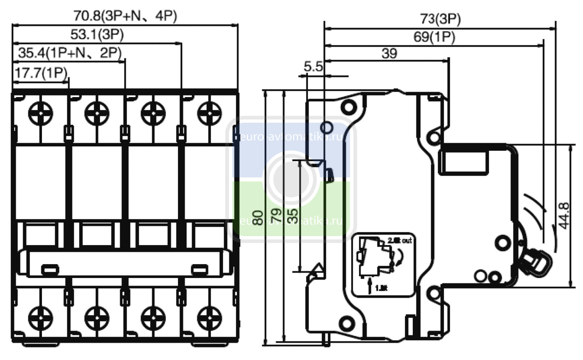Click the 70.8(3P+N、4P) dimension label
click(x=125, y=16)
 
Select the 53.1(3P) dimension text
click(x=97, y=35)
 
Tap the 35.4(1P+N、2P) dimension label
click(x=70, y=52)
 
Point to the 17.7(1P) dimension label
click(x=40, y=73)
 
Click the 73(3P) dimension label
click(x=440, y=19)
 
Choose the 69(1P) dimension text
click(x=434, y=37)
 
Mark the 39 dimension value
click(x=389, y=54)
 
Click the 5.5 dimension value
click(x=313, y=67)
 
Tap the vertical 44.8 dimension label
click(x=563, y=216)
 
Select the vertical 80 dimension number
click(x=257, y=218)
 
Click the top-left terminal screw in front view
click(x=40, y=113)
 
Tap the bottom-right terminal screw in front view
click(x=209, y=318)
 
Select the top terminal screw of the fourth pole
click(x=209, y=113)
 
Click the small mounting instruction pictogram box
click(x=382, y=265)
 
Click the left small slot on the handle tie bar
click(x=50, y=269)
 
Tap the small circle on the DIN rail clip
click(x=326, y=127)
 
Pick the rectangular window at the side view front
click(x=463, y=162)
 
